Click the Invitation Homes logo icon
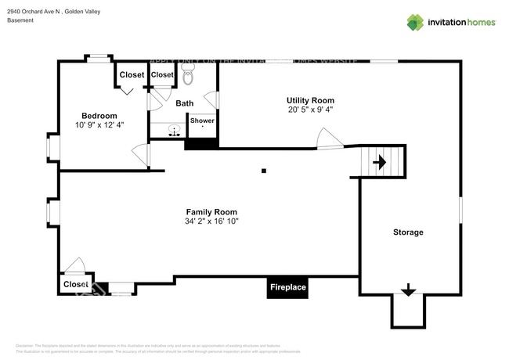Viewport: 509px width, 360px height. pos(415,22)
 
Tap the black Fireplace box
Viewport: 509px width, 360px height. pos(288,288)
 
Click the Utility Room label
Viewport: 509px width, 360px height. pos(310,100)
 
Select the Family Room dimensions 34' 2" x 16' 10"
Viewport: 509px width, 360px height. pos(211,221)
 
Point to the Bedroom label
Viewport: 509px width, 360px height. pos(99,116)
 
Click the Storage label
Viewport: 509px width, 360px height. pos(408,232)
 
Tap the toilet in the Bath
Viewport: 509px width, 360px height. pos(188,77)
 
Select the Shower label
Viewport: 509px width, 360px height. pos(202,121)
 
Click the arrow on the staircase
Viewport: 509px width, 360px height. pos(380,163)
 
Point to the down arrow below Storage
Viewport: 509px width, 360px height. pos(407,290)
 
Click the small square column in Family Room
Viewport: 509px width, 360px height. pos(264,170)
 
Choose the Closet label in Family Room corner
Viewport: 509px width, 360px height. pos(76,284)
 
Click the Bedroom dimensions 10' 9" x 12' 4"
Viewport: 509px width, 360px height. pos(99,124)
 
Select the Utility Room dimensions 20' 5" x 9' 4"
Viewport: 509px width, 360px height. pos(310,110)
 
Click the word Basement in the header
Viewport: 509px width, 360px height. pos(20,20)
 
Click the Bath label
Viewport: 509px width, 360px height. pos(185,103)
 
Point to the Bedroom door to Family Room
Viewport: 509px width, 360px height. pos(141,155)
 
